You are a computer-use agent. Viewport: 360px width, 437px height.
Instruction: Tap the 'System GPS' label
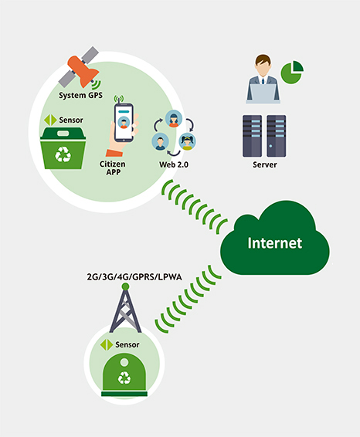(80, 95)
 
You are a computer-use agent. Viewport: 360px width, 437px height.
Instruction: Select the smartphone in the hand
(124, 122)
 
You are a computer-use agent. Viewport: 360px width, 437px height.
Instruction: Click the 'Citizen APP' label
(113, 168)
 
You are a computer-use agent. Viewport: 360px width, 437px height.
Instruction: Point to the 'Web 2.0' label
(174, 164)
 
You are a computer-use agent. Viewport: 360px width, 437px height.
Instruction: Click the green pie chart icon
(292, 72)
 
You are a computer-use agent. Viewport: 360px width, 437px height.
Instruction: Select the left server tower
(252, 136)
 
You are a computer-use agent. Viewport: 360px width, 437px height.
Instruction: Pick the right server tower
(276, 136)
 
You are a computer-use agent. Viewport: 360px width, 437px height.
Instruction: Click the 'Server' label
(265, 164)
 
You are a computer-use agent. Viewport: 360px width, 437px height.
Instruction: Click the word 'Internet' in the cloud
(275, 242)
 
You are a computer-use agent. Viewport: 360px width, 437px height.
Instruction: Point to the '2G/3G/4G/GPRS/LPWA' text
(134, 277)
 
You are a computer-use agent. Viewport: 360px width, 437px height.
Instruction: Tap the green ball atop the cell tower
(125, 286)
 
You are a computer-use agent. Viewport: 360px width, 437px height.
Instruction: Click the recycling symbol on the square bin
(63, 154)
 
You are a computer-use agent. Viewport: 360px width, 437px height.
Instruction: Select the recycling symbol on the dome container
(124, 378)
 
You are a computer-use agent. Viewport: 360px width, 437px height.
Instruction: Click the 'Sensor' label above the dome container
(127, 345)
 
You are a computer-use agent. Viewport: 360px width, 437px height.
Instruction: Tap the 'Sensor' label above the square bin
(71, 120)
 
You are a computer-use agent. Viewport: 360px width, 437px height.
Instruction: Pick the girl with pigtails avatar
(187, 141)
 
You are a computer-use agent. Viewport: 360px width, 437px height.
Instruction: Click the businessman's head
(263, 65)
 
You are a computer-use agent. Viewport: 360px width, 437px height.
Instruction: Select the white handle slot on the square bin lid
(63, 134)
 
